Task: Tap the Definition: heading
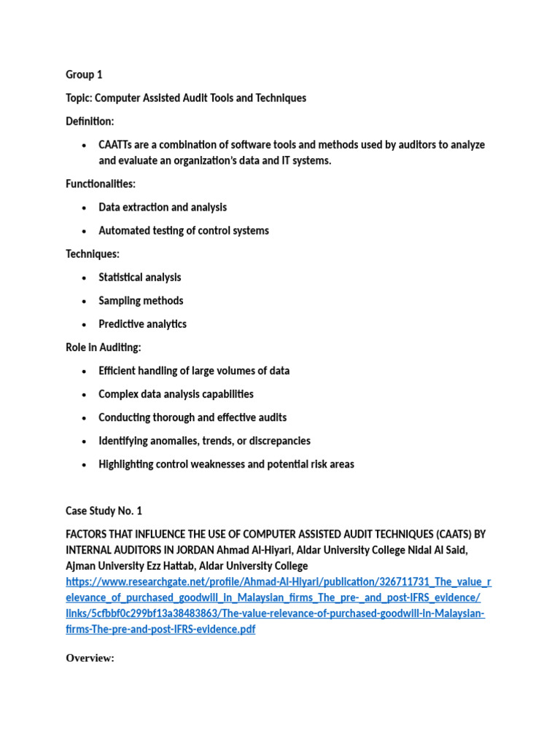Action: [90, 122]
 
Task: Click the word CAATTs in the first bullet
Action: [117, 145]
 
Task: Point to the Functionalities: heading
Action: [101, 184]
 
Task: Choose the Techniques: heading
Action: [93, 254]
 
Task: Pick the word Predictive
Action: [121, 324]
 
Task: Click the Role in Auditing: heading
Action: [104, 348]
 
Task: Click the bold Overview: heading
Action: [90, 659]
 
